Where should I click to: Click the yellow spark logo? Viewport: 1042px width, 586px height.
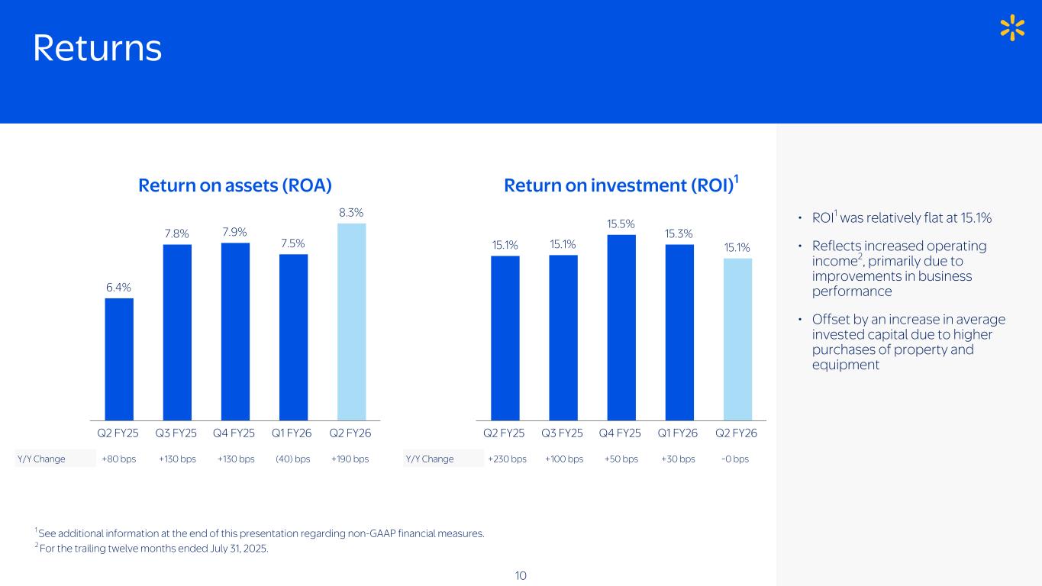[1012, 27]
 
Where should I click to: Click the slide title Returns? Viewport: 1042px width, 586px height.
[97, 49]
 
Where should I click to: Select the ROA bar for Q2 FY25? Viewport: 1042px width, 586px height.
[119, 359]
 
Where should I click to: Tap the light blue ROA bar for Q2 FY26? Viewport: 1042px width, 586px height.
[351, 321]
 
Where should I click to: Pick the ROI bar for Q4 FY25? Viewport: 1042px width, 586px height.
[621, 327]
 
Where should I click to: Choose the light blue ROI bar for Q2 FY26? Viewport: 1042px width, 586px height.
[737, 339]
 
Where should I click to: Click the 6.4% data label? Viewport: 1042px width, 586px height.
[118, 287]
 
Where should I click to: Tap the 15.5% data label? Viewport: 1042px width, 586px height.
[621, 224]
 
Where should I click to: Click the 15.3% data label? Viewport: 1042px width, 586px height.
[679, 233]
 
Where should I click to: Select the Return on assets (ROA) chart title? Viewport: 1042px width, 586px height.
[234, 185]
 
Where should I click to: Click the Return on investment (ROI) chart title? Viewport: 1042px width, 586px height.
[621, 185]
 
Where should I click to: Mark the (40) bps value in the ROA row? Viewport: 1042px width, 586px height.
[293, 459]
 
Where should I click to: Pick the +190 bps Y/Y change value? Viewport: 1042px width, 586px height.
[350, 459]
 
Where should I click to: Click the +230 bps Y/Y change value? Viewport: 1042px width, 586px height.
[507, 459]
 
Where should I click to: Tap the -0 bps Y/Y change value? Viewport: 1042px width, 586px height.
[735, 459]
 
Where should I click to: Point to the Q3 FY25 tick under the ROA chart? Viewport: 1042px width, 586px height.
[176, 433]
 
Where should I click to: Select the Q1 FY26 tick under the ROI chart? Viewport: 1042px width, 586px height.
[678, 433]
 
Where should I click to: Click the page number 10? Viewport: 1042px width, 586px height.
[521, 575]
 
